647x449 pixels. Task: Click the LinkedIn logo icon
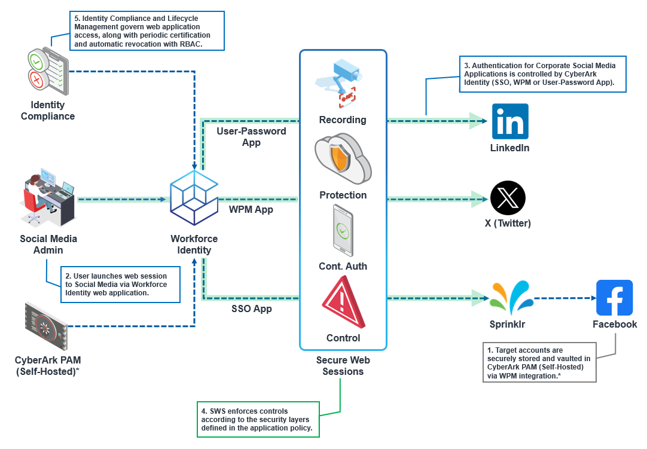click(510, 121)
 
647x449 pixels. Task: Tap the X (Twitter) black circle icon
click(508, 198)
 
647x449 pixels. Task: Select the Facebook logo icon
click(614, 298)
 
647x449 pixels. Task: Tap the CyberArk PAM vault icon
click(45, 326)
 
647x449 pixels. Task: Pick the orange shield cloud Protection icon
click(343, 158)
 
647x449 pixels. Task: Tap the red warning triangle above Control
click(343, 303)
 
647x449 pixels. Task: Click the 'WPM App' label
click(251, 209)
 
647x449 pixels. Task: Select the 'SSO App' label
click(252, 309)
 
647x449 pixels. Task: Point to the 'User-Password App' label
click(251, 137)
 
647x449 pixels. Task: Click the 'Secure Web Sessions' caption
click(343, 365)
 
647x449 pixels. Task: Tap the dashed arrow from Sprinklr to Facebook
click(562, 298)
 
